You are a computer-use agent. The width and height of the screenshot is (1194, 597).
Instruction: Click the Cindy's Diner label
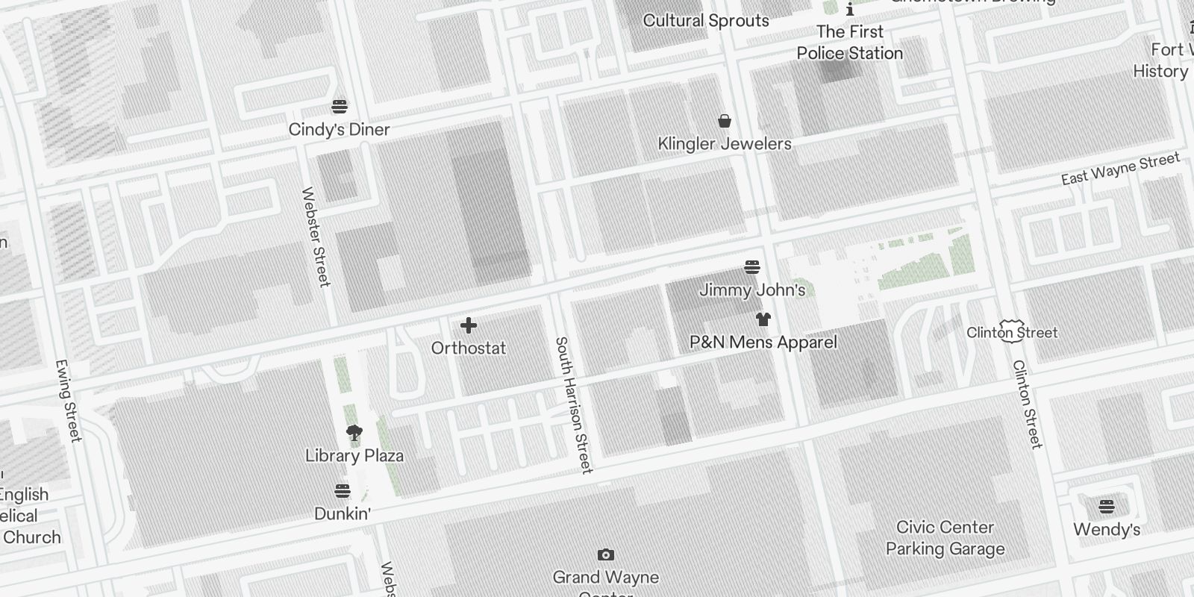click(x=339, y=130)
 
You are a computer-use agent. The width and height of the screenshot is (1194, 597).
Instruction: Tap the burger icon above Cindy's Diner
click(x=340, y=107)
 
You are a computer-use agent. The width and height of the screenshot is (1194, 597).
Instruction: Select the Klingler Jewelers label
click(x=724, y=144)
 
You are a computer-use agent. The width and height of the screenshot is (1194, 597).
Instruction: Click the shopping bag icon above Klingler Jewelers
click(x=724, y=121)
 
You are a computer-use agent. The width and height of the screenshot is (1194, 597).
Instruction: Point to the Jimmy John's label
click(x=752, y=290)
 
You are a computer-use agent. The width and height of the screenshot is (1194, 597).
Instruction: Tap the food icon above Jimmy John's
click(x=752, y=267)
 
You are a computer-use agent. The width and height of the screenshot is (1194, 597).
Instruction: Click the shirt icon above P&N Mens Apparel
click(x=763, y=319)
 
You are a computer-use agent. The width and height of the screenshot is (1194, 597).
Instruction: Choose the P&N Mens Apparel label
click(x=763, y=343)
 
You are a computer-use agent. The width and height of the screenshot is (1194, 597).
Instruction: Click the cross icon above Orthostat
click(x=469, y=325)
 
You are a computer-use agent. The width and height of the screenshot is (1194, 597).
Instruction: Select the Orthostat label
click(x=469, y=348)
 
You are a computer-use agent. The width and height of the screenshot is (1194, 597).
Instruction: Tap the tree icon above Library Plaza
click(x=354, y=433)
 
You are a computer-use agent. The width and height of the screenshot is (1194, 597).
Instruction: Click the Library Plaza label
click(x=354, y=456)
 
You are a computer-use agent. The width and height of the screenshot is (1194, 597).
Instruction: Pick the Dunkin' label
click(x=343, y=514)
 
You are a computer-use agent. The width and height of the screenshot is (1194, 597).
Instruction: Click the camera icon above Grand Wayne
click(x=606, y=554)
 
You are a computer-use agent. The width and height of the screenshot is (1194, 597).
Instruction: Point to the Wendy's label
click(x=1107, y=530)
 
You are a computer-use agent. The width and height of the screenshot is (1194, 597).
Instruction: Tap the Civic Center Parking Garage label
click(x=945, y=538)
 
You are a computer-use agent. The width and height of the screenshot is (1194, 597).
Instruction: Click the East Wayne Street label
click(x=1120, y=169)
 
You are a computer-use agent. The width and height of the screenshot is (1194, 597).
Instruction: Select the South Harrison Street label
click(x=574, y=404)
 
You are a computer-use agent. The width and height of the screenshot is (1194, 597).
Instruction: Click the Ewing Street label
click(x=68, y=401)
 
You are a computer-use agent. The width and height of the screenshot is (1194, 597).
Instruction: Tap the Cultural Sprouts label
click(x=706, y=21)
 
